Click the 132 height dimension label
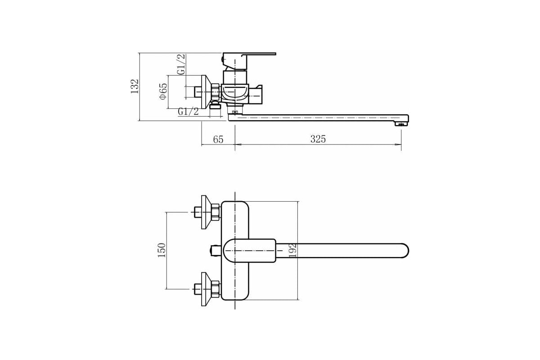(135, 86)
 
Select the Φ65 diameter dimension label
(163, 91)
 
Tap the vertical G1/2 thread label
(181, 64)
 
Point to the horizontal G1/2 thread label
(188, 112)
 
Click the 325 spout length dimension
(318, 139)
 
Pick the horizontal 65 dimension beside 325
(218, 139)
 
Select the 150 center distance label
(162, 250)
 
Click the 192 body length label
(292, 251)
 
